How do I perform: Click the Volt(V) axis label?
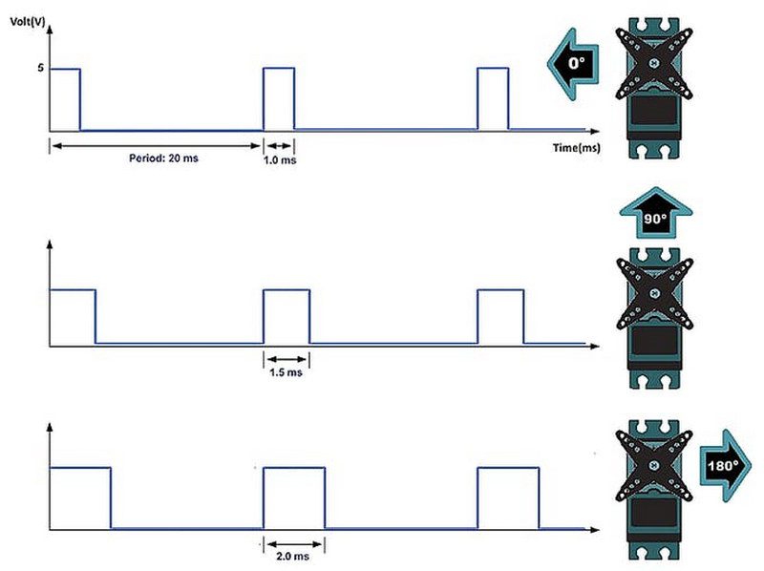(x=28, y=22)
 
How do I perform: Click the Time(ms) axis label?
(x=577, y=148)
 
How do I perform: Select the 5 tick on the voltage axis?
(x=40, y=68)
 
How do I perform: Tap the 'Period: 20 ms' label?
(x=163, y=158)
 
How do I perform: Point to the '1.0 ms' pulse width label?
(x=280, y=159)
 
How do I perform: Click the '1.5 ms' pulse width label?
(x=286, y=372)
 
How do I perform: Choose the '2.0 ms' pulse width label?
(x=292, y=556)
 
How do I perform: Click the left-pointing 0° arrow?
(x=573, y=64)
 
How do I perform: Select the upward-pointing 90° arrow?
(x=656, y=213)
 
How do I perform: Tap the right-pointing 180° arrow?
(x=726, y=466)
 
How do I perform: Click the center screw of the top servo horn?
(x=654, y=63)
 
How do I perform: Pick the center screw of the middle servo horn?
(x=655, y=293)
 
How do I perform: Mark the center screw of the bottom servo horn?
(x=654, y=466)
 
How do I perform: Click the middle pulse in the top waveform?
(x=279, y=99)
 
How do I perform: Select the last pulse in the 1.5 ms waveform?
(x=500, y=317)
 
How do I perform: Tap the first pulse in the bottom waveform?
(x=80, y=497)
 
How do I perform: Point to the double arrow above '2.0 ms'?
(x=294, y=544)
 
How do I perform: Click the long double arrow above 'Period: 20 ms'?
(x=156, y=146)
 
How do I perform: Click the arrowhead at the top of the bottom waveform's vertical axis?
(x=50, y=427)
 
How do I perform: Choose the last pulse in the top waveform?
(x=493, y=99)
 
